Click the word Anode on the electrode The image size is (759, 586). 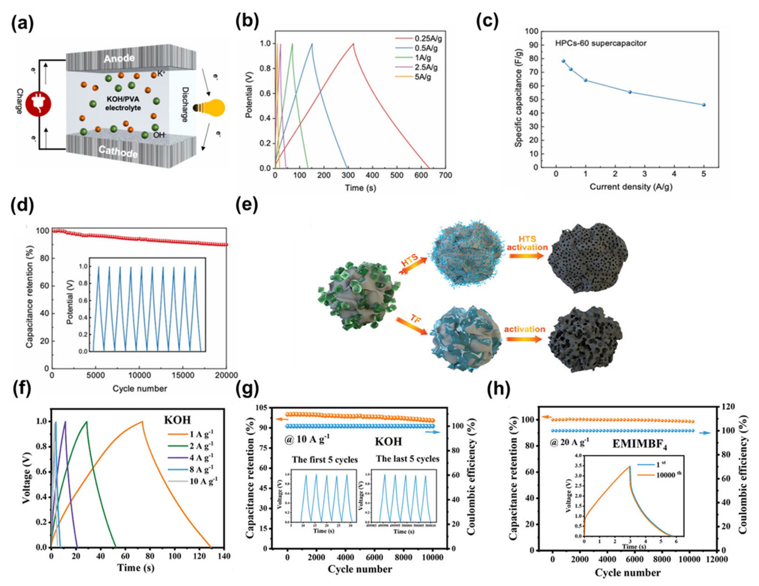pyautogui.click(x=119, y=58)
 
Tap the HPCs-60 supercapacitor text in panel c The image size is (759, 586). pyautogui.click(x=601, y=43)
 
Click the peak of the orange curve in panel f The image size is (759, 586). pyautogui.click(x=142, y=422)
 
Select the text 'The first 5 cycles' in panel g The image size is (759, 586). pyautogui.click(x=325, y=460)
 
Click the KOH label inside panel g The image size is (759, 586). pyautogui.click(x=388, y=441)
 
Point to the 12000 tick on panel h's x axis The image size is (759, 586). pyautogui.click(x=718, y=560)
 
